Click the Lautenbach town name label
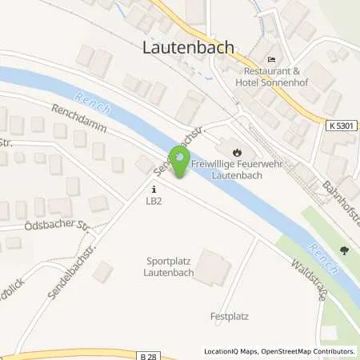[x=189, y=47]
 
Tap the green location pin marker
[x=181, y=163]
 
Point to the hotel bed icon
[x=271, y=60]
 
